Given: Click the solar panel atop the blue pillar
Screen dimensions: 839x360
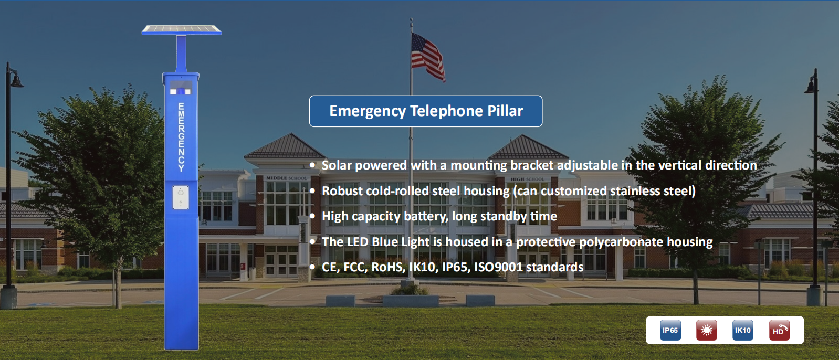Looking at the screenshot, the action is pos(181,30).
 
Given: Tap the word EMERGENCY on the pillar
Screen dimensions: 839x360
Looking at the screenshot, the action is pos(181,137).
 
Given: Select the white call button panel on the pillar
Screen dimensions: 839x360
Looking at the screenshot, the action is pos(181,197).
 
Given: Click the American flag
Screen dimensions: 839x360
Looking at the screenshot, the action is pos(428,57).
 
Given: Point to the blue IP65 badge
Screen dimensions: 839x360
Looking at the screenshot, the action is pos(670,330).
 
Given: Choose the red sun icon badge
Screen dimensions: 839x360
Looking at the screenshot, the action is pos(706,330).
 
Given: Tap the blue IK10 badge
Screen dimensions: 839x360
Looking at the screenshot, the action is pos(743,330).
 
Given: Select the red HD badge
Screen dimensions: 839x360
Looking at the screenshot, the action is pos(780,330).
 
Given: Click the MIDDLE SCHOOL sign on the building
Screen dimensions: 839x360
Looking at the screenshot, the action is pos(287,178).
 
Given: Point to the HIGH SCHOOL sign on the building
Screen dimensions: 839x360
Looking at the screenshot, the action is pos(527,179).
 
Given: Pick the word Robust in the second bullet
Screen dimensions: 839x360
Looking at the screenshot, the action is pos(342,191).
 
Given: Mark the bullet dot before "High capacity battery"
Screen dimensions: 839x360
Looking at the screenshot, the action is pos(312,216).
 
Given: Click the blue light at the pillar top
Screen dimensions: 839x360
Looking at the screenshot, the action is pos(181,91).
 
